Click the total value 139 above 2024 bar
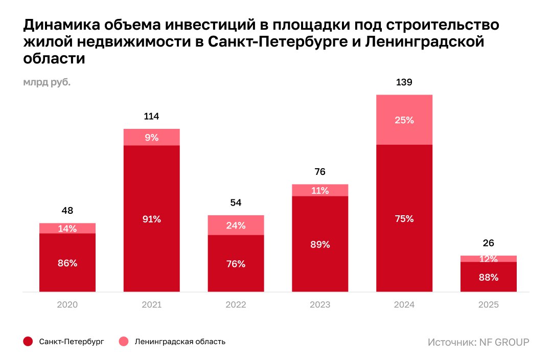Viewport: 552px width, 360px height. (x=404, y=82)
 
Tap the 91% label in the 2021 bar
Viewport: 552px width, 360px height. (x=152, y=219)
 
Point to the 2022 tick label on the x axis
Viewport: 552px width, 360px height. (x=236, y=305)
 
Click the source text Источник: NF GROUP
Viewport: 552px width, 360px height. (x=478, y=342)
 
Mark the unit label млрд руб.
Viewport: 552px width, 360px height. (x=47, y=82)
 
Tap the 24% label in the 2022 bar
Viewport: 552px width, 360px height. (x=236, y=225)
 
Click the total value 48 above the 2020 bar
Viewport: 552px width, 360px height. (x=67, y=211)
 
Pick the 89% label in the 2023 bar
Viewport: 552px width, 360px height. (x=320, y=244)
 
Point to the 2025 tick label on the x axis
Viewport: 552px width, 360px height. (x=489, y=305)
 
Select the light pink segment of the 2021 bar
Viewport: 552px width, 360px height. (x=152, y=137)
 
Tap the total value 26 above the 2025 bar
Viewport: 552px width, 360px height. (x=489, y=243)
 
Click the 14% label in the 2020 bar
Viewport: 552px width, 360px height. (x=67, y=229)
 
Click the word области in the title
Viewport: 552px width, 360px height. (x=54, y=58)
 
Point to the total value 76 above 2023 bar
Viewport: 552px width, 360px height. (x=320, y=172)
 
